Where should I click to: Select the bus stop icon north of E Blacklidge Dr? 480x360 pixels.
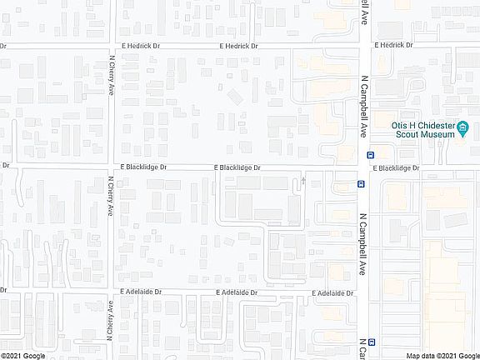[x=370, y=155]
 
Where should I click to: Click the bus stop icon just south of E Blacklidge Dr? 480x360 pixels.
[x=361, y=183]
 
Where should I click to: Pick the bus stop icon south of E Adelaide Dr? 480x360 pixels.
[x=371, y=341]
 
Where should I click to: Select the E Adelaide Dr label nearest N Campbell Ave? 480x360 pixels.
[x=333, y=293]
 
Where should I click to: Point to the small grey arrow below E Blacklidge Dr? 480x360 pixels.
[x=303, y=179]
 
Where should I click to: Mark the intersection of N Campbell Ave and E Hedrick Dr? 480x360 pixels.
[x=364, y=45]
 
